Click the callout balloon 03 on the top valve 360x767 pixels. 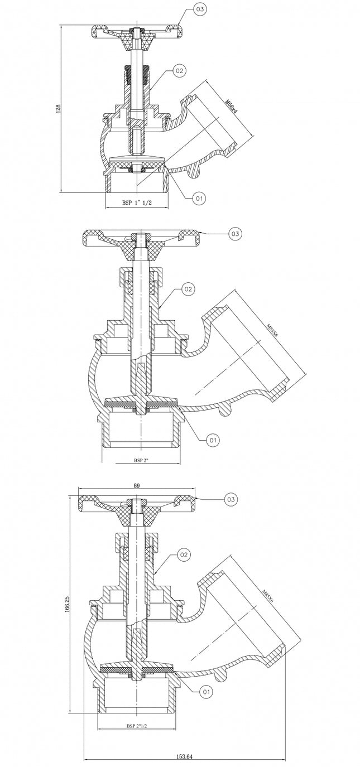click(199, 9)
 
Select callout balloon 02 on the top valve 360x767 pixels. click(179, 71)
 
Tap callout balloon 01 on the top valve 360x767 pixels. click(199, 197)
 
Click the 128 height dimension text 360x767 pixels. click(57, 109)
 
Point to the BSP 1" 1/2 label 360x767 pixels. click(137, 203)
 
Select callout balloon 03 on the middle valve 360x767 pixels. click(235, 234)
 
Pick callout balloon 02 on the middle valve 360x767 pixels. click(188, 289)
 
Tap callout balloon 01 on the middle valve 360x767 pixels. click(213, 440)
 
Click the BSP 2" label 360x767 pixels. click(141, 460)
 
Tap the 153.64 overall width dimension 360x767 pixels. click(184, 756)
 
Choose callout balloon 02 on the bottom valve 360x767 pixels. click(184, 554)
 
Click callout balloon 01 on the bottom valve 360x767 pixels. click(206, 692)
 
